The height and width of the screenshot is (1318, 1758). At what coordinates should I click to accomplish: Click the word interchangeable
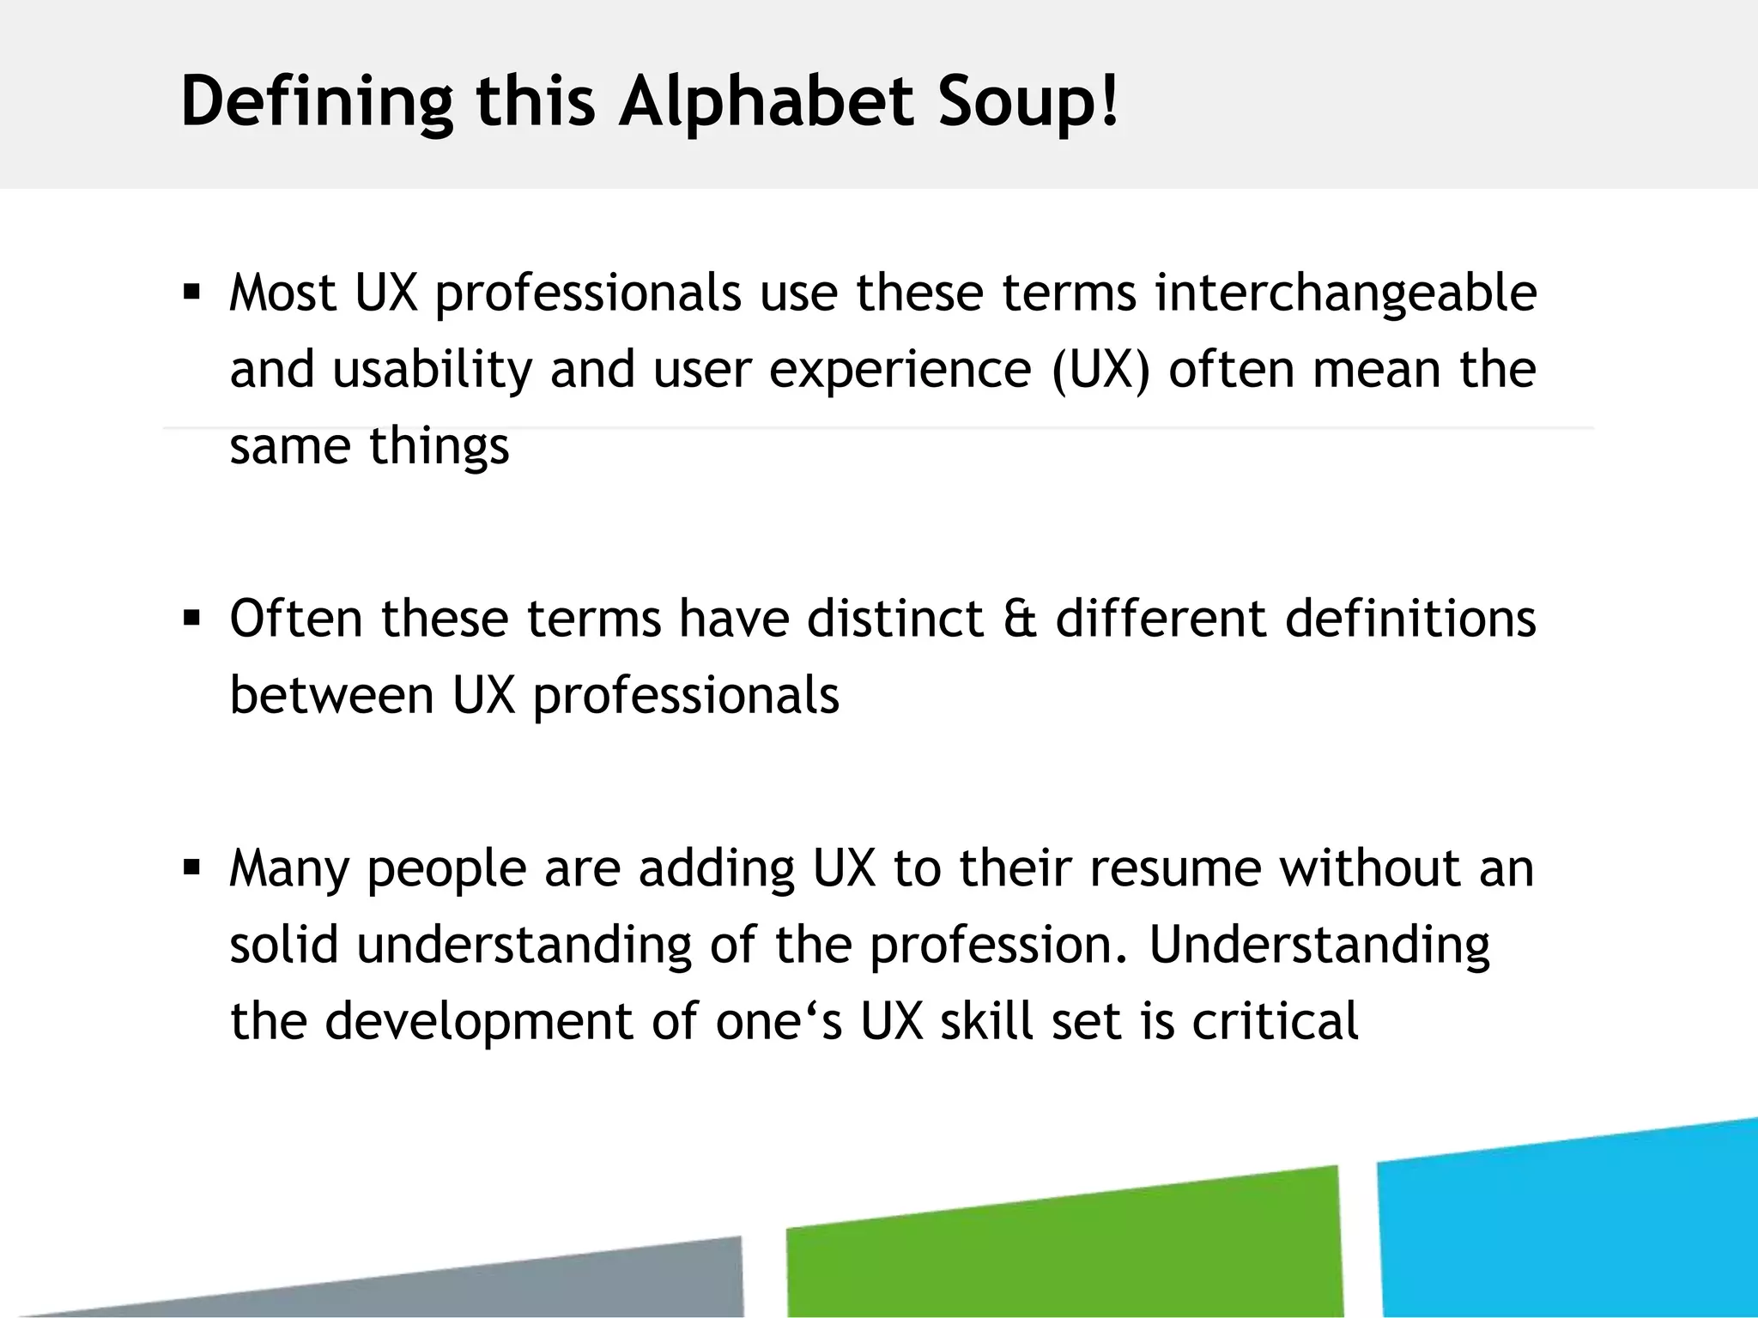point(1345,293)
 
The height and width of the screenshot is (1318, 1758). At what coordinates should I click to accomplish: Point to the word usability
point(433,371)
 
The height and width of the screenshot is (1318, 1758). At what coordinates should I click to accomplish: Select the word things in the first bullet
point(439,447)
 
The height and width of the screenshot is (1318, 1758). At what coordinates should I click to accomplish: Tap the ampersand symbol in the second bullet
point(1019,619)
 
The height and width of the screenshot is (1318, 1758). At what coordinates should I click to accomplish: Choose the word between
point(331,695)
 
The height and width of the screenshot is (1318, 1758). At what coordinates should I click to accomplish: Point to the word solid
point(283,944)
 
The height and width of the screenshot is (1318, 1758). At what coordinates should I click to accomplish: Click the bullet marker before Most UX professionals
point(191,293)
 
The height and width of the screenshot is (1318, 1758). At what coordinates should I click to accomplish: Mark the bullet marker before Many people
point(191,868)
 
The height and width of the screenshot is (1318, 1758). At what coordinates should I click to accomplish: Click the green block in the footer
point(1064,1244)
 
